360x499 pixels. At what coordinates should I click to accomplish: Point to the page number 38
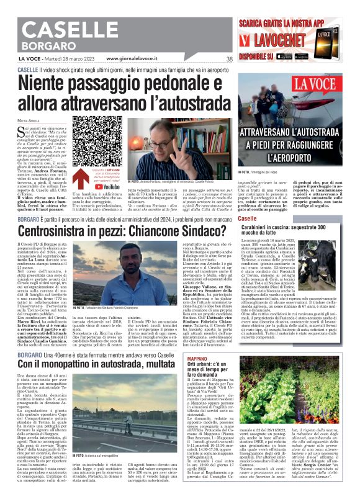tap(229, 60)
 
